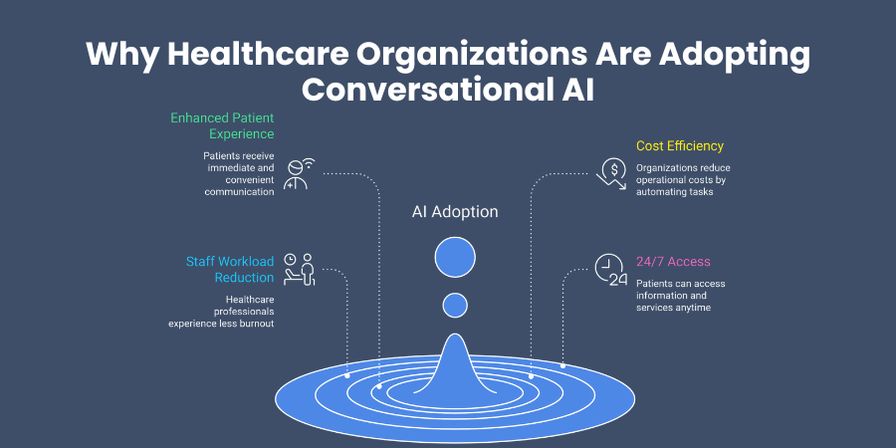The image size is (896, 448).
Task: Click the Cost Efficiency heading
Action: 680,146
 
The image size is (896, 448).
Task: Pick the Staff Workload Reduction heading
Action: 230,270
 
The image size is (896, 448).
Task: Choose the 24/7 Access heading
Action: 673,262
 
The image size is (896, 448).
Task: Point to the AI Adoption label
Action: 455,212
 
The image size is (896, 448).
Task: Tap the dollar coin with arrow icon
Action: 610,172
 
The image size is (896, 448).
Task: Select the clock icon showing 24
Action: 610,270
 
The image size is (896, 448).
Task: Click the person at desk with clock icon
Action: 299,270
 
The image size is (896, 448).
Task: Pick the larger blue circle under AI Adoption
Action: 455,257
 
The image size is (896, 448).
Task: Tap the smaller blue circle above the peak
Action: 455,306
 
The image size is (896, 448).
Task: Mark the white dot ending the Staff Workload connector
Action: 346,376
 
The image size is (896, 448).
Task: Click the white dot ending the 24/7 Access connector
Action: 562,365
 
